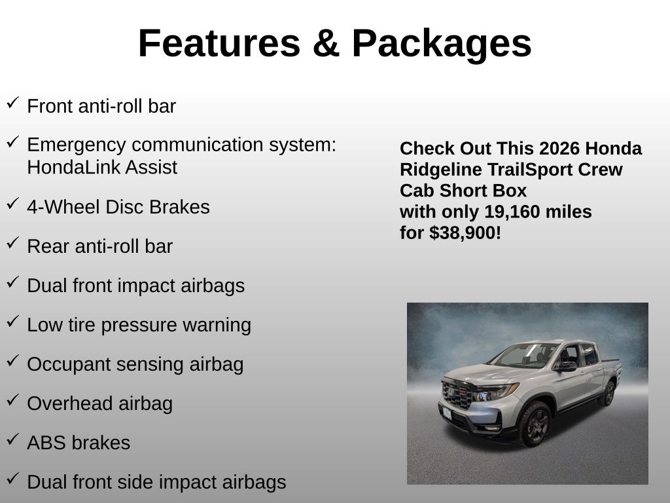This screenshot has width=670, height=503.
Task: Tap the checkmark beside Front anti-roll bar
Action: coord(13,103)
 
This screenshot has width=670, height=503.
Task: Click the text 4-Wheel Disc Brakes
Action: coord(118,207)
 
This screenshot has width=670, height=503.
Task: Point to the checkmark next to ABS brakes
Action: coord(13,439)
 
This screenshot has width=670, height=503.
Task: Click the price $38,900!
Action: coord(465,233)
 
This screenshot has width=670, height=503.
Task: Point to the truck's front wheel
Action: coord(535,424)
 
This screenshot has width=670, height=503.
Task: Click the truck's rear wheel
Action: coord(607,393)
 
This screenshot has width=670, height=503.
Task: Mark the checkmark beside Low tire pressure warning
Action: coord(13,321)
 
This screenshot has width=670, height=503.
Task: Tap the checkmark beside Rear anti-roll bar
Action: coord(13,242)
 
